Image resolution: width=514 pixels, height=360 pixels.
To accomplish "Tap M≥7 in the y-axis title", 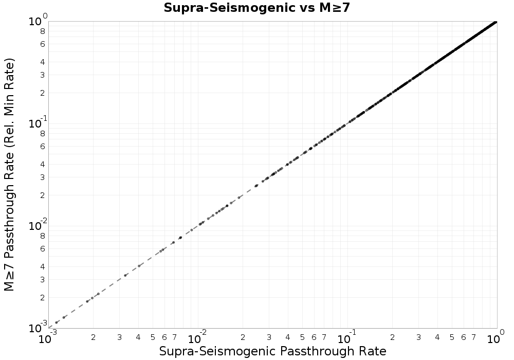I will tap(10, 277).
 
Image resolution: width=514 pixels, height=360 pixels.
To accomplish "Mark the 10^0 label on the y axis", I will tap(38, 21).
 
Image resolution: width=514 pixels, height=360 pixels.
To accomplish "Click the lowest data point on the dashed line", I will tap(57, 322).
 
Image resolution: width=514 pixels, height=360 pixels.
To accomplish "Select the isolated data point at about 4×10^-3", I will tap(139, 266).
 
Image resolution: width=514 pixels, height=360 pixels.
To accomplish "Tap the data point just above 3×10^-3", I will tap(125, 275).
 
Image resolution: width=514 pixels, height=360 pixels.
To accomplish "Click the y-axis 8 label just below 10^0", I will tap(43, 31).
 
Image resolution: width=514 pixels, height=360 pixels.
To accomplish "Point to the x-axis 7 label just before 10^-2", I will tap(174, 337).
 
